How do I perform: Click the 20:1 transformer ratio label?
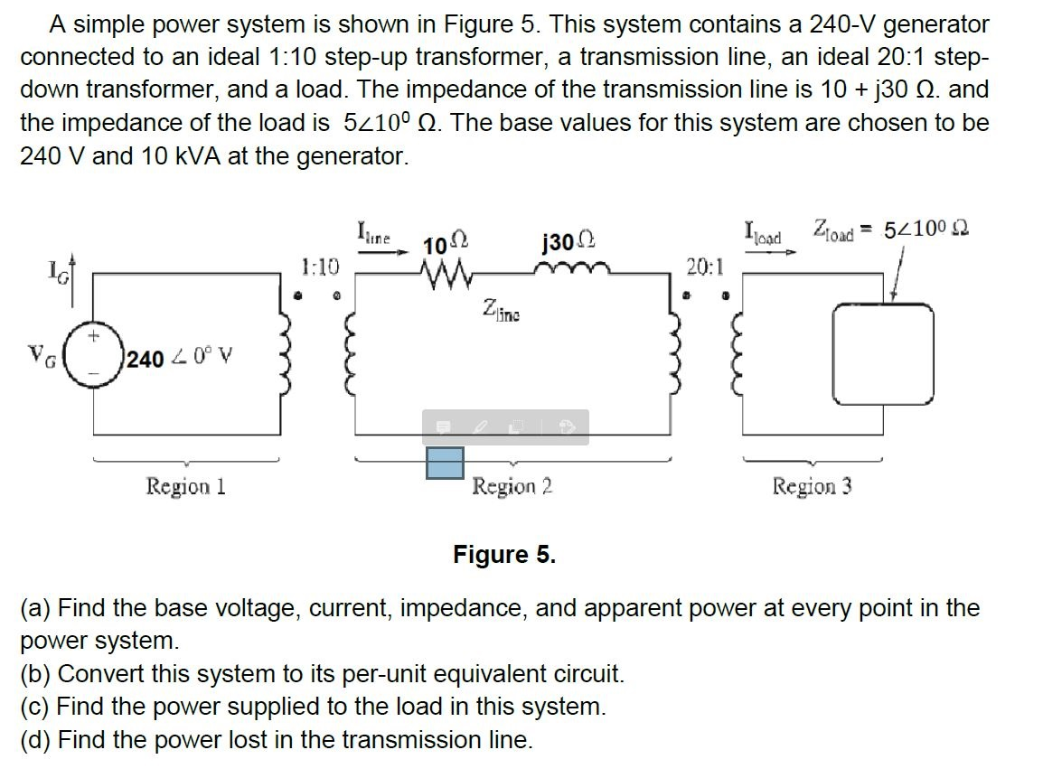click(x=704, y=267)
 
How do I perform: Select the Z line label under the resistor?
click(x=503, y=313)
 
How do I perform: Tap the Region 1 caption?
click(x=185, y=487)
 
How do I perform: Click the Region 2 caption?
click(x=512, y=487)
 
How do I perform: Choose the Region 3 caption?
click(x=812, y=487)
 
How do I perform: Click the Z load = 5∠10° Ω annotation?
click(x=890, y=230)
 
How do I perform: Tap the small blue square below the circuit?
click(x=445, y=462)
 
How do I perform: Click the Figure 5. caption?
click(x=504, y=554)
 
